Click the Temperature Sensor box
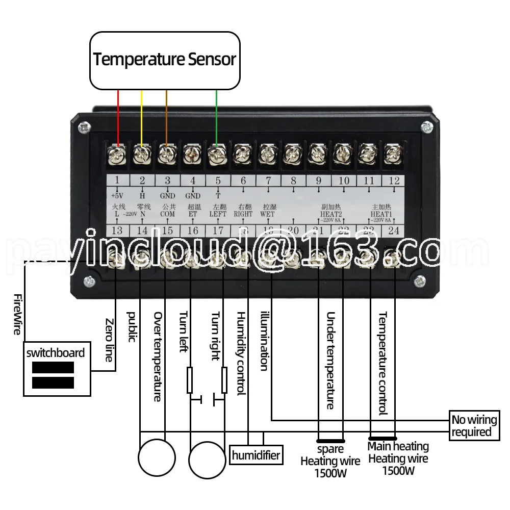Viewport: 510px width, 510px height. coord(165,60)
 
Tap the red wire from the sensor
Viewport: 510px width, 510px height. coord(118,117)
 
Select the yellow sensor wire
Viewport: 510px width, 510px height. coord(142,117)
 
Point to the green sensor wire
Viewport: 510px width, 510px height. coord(217,117)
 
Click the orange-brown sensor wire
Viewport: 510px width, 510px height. coord(166,117)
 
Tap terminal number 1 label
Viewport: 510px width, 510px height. coord(117,180)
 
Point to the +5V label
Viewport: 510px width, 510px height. coord(117,195)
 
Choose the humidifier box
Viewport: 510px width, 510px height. coord(256,454)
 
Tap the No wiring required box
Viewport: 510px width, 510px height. coord(473,426)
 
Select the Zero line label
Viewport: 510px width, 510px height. coord(109,340)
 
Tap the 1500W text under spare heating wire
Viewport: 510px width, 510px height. coord(330,473)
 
